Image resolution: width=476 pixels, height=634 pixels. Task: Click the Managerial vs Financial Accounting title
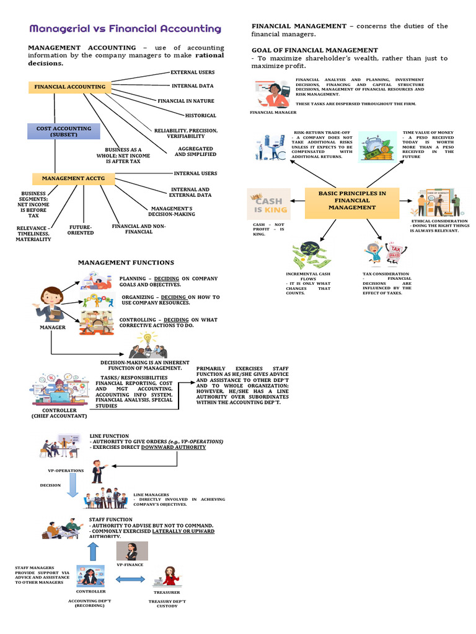click(x=125, y=29)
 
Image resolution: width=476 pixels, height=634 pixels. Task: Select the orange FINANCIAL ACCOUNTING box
click(x=69, y=87)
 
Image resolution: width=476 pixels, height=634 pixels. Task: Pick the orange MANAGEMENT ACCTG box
click(x=69, y=178)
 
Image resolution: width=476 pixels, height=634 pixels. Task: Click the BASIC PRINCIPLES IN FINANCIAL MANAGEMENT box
click(x=351, y=201)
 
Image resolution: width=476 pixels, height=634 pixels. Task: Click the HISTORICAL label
click(x=200, y=115)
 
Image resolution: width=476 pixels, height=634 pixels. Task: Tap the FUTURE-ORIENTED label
click(x=81, y=230)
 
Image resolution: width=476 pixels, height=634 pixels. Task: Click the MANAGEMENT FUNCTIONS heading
click(x=126, y=263)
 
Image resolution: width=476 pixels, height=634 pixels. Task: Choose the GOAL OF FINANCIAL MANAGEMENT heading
click(x=314, y=50)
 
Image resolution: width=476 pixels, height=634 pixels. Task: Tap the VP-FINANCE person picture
click(x=131, y=550)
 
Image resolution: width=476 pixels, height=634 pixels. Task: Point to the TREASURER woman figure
click(x=168, y=576)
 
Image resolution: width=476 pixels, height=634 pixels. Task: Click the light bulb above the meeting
click(x=148, y=338)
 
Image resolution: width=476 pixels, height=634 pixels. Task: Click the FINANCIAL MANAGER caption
click(x=273, y=113)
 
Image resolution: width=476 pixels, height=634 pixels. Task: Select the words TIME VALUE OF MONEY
click(x=428, y=132)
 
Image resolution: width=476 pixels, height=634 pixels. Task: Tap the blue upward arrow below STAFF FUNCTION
click(x=93, y=550)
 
